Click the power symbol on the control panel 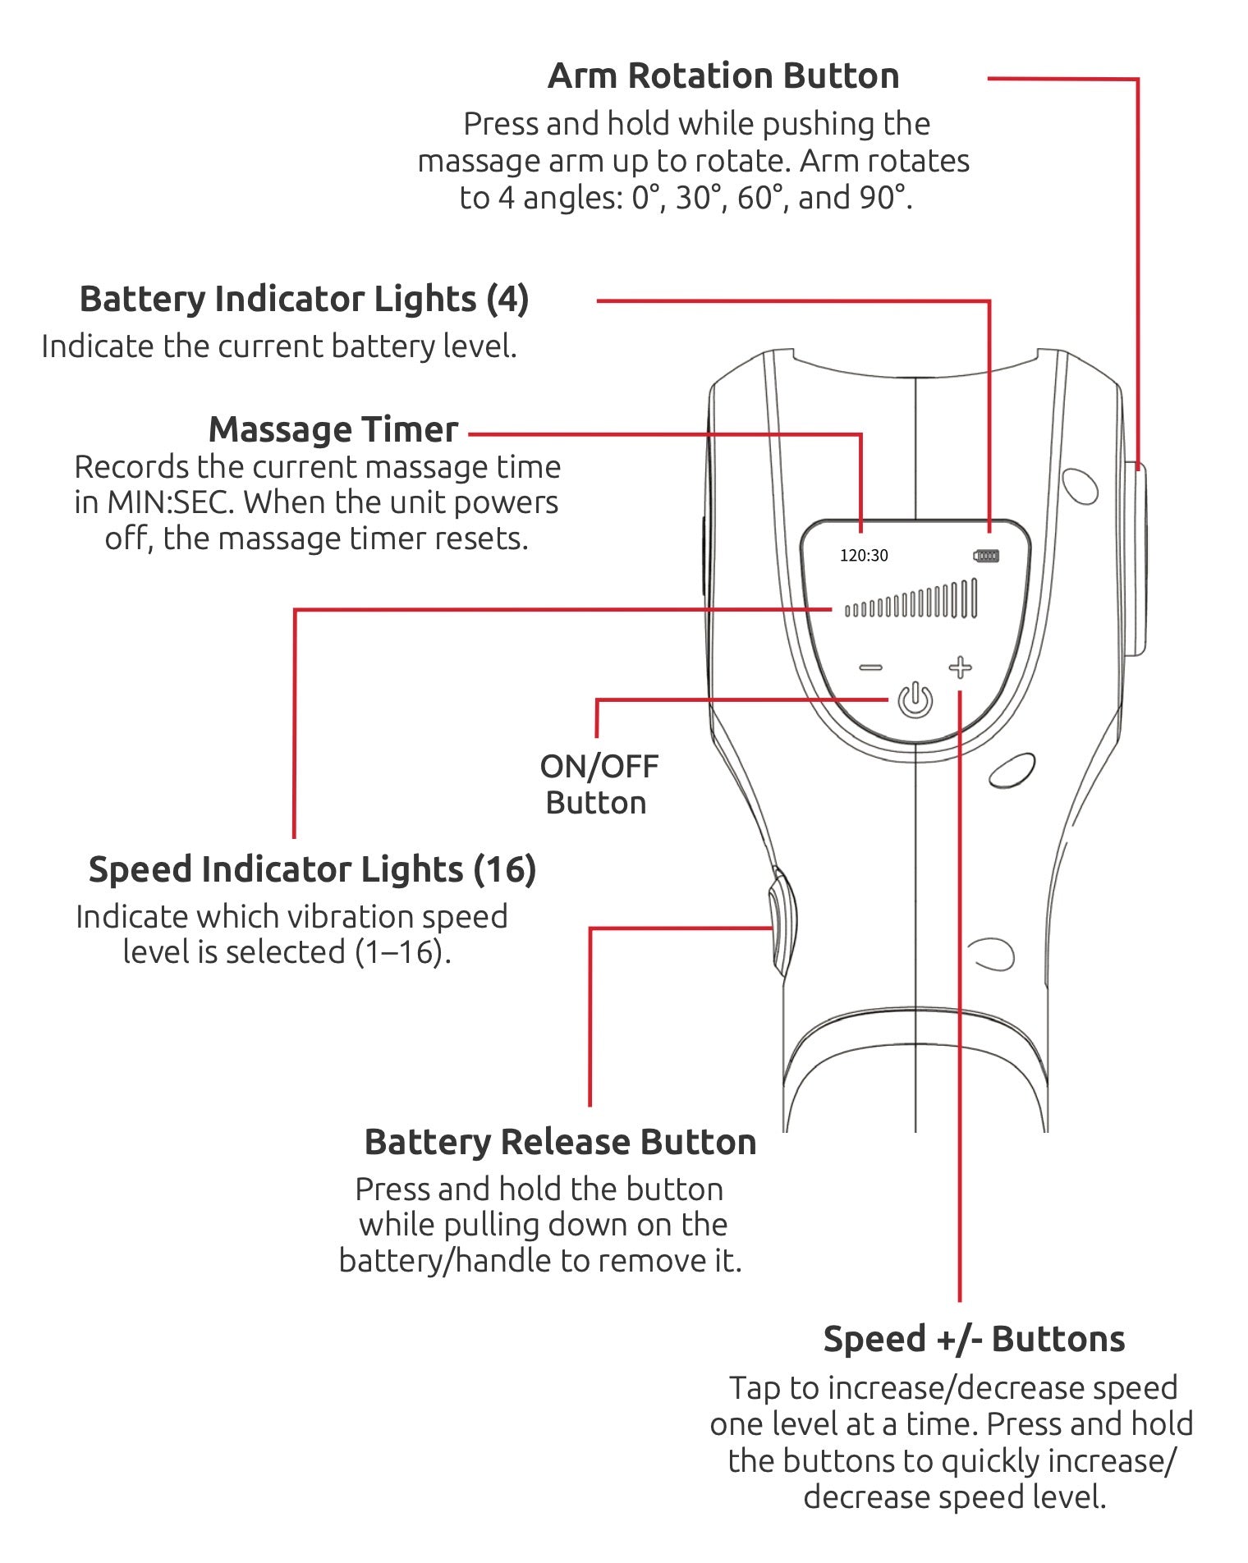915,700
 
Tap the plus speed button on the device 960,667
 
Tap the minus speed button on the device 870,667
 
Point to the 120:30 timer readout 864,556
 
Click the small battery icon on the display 985,556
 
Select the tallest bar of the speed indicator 974,598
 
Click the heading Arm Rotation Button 723,76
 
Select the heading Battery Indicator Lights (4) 304,299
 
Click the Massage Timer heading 333,429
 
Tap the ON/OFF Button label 599,784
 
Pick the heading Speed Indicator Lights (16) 312,869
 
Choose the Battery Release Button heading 560,1142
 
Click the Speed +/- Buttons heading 974,1339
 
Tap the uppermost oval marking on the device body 1080,486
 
